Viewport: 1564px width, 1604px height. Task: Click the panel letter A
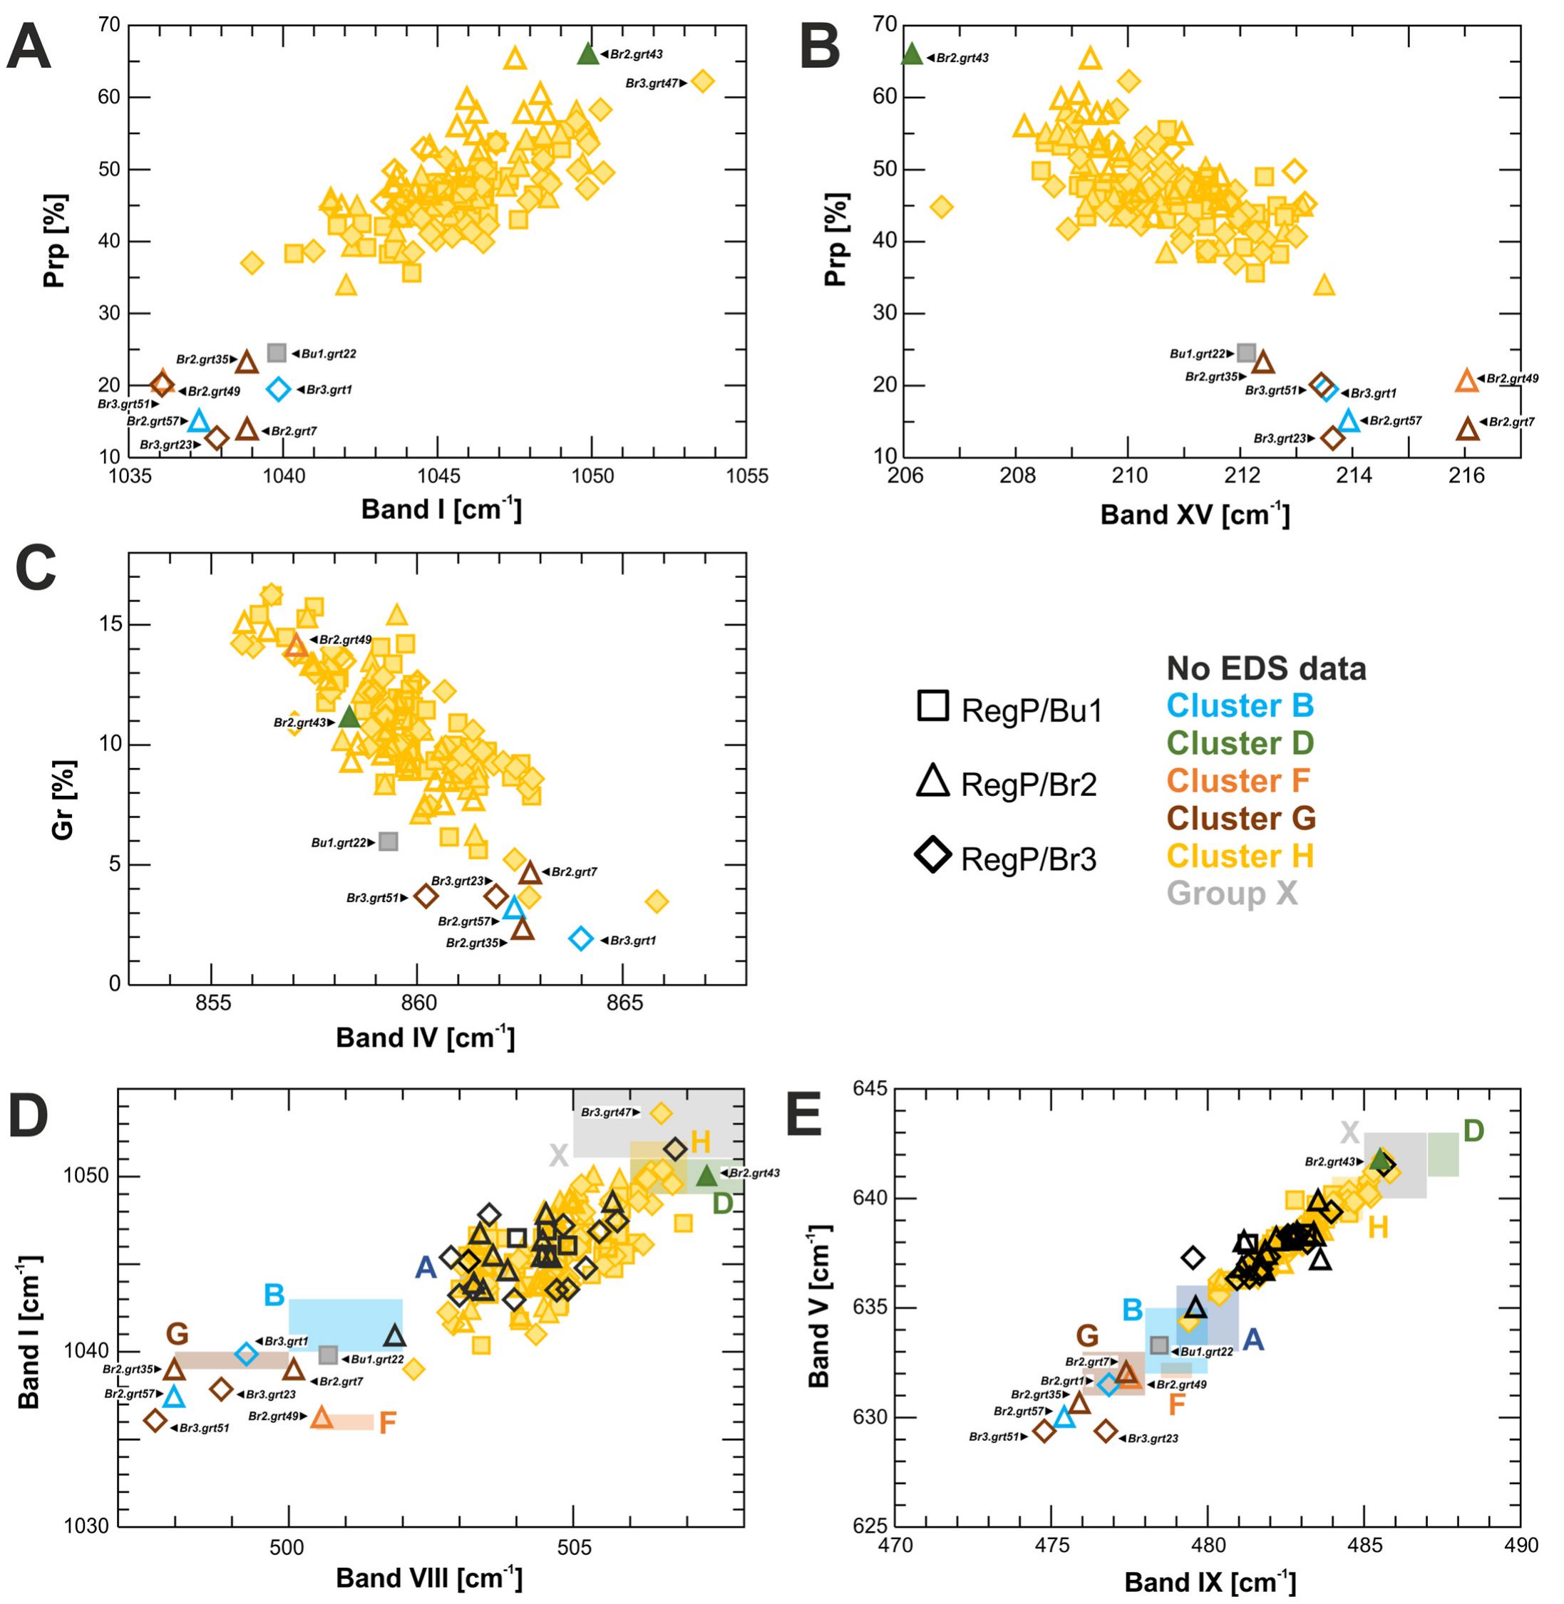[29, 48]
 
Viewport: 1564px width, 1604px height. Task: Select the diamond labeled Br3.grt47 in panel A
[702, 81]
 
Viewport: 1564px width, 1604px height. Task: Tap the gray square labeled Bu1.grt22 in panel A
[277, 353]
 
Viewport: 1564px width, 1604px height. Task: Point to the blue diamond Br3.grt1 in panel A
[279, 389]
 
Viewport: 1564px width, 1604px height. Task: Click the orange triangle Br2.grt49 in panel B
[1467, 381]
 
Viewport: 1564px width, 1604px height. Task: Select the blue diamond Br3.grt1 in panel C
[581, 938]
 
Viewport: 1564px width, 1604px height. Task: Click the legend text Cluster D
[1240, 743]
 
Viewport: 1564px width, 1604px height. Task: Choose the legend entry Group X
[1232, 893]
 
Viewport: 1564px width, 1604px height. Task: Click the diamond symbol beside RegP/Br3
[933, 856]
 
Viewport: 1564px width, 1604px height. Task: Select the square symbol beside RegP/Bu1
[932, 705]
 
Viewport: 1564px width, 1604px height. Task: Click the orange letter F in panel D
[387, 1423]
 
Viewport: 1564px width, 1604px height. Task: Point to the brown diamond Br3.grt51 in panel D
[155, 1420]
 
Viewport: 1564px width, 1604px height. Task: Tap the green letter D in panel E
[1473, 1132]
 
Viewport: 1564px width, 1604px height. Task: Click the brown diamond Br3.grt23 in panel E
[1106, 1432]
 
